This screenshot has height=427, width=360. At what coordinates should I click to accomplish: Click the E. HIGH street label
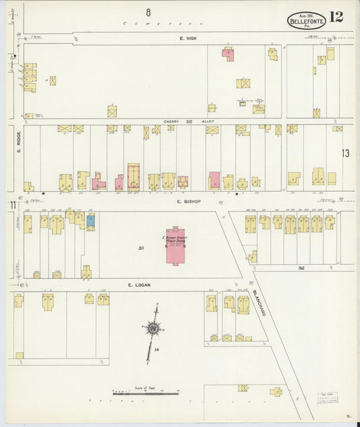click(x=187, y=39)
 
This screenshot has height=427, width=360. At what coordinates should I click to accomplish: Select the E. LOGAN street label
click(x=138, y=285)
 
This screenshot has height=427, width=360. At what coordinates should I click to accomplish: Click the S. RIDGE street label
click(x=19, y=141)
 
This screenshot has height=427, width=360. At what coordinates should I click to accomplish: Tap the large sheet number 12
click(x=336, y=17)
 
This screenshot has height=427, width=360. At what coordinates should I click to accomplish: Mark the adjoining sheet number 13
click(x=345, y=153)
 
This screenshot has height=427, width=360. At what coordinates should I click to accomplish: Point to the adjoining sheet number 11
click(x=12, y=205)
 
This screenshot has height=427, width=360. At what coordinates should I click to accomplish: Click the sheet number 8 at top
click(x=147, y=11)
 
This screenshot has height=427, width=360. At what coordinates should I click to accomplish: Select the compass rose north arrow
click(x=153, y=329)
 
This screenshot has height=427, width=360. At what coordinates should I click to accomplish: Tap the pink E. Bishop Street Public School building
click(x=175, y=245)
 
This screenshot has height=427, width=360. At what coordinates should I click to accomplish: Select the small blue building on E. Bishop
click(x=90, y=220)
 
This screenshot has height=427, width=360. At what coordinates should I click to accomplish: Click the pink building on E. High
click(x=228, y=53)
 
